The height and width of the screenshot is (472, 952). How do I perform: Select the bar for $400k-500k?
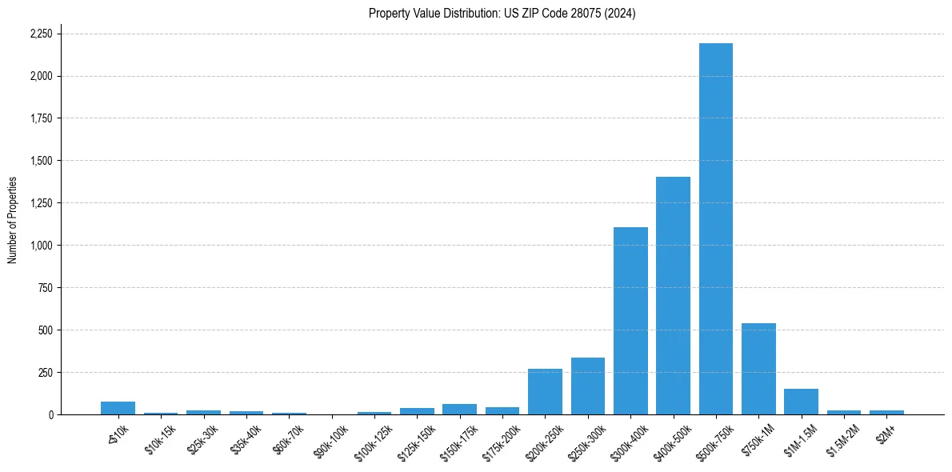point(673,296)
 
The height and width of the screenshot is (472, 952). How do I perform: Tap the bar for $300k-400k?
point(630,321)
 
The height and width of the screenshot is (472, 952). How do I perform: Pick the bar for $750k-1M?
point(758,369)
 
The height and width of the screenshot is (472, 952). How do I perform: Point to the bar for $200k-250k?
point(545,392)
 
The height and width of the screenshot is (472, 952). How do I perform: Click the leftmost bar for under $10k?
point(118,408)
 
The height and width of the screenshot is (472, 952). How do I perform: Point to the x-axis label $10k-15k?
point(160,439)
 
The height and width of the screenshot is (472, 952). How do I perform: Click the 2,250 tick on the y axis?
point(41,34)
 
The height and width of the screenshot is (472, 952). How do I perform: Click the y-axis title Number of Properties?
point(13,220)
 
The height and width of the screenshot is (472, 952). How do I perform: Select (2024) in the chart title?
point(622,14)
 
